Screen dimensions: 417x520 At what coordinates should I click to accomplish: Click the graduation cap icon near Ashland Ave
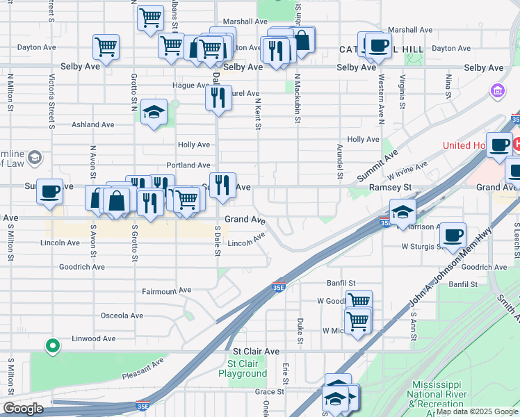click(154, 112)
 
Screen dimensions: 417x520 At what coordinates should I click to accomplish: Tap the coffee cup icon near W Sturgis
click(453, 236)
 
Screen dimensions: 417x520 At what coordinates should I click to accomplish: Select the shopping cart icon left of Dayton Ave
click(106, 47)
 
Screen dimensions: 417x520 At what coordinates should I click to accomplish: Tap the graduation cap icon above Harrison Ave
click(403, 212)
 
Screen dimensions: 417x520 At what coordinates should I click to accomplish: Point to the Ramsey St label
click(391, 187)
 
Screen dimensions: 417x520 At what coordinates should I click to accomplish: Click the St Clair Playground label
click(243, 368)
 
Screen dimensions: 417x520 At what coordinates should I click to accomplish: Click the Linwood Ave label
click(94, 338)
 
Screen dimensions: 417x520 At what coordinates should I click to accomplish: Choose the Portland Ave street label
click(188, 165)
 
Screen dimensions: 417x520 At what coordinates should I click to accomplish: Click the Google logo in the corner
click(23, 409)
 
